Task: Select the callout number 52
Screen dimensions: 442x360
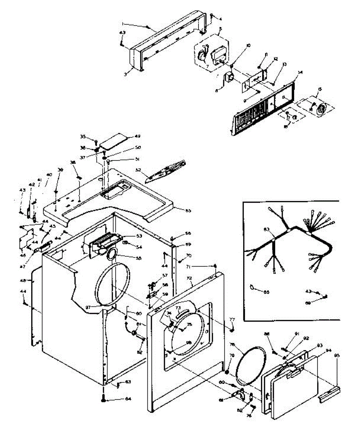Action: [139, 170]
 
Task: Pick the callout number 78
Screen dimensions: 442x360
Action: [233, 345]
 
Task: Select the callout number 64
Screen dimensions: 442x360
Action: [128, 399]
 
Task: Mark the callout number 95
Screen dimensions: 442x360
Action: [337, 356]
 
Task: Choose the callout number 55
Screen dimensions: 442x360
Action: [139, 259]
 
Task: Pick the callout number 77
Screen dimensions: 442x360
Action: [233, 319]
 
